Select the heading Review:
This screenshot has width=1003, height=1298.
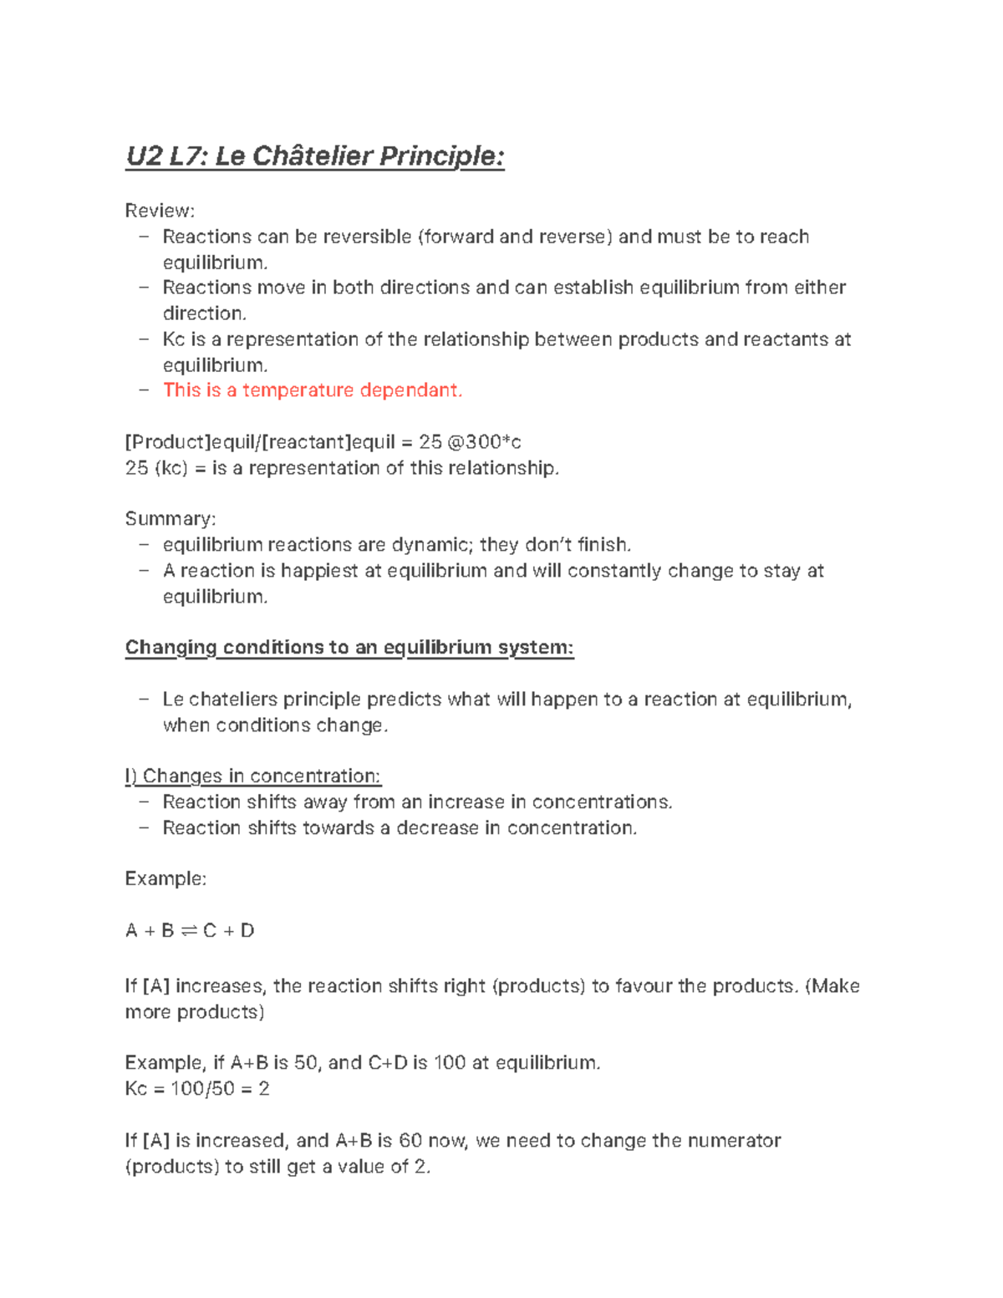pyautogui.click(x=160, y=211)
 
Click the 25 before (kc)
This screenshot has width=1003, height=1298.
pyautogui.click(x=136, y=468)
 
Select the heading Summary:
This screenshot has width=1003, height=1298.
pyautogui.click(x=170, y=519)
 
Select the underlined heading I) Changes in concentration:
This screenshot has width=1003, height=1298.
pyautogui.click(x=252, y=776)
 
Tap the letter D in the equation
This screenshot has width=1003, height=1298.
pyautogui.click(x=247, y=931)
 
